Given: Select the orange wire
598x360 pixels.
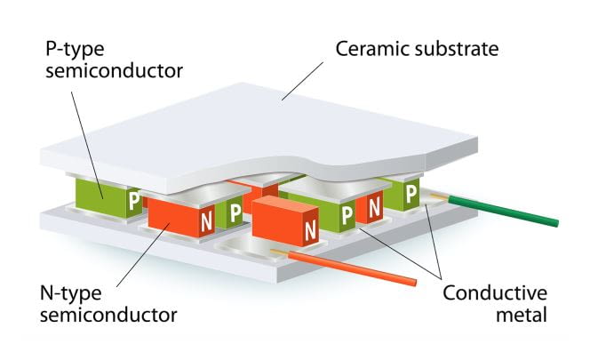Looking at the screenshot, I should (355, 268).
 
